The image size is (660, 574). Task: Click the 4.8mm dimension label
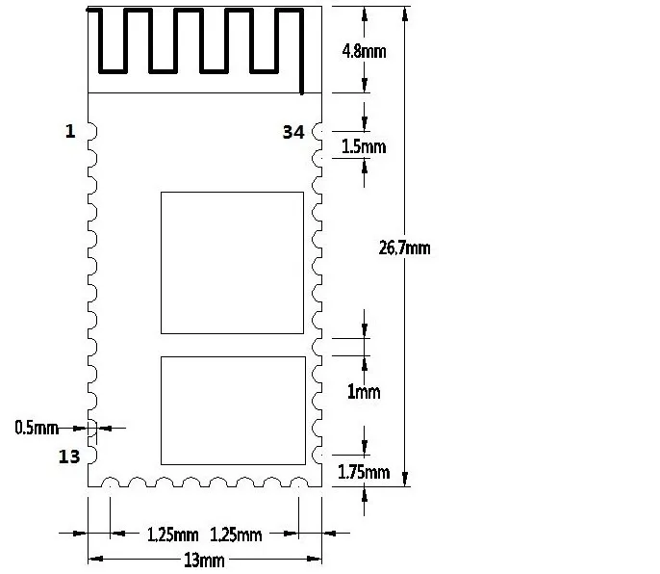364,51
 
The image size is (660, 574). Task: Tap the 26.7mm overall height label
404,248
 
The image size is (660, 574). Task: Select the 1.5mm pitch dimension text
364,146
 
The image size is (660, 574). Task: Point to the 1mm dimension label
364,392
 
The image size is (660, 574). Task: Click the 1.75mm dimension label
364,472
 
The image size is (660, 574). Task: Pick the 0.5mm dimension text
37,428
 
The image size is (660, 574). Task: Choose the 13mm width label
205,561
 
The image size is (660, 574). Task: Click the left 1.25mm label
172,535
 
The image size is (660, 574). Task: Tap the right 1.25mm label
236,535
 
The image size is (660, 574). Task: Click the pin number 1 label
70,132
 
